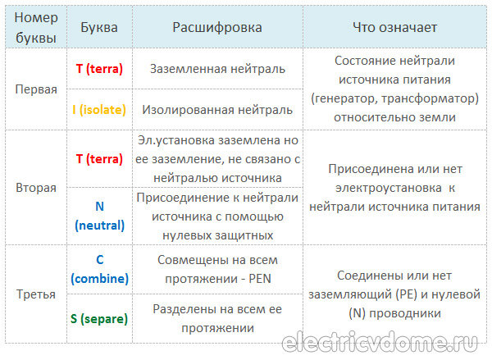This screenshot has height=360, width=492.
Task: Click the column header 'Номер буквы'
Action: tap(36, 28)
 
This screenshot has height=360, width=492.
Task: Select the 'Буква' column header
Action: tap(99, 28)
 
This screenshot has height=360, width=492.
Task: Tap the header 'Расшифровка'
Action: tap(217, 28)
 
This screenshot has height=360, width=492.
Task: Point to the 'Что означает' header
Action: tap(394, 28)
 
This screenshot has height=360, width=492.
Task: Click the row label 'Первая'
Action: tap(36, 89)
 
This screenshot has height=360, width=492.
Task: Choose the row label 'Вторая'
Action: tap(36, 188)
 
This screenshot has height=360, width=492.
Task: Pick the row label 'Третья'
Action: tap(36, 294)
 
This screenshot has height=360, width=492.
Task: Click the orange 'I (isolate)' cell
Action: tap(99, 110)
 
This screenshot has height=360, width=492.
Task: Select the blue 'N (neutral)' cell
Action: tap(99, 216)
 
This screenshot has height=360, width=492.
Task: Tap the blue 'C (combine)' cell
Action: tap(99, 269)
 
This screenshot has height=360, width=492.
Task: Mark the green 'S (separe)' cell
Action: tap(99, 319)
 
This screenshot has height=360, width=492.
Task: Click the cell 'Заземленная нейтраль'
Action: tap(217, 69)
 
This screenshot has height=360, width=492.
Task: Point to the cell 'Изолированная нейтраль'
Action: tap(217, 110)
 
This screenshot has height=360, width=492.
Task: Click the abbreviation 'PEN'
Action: tap(260, 279)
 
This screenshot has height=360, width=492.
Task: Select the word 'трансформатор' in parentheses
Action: tap(430, 98)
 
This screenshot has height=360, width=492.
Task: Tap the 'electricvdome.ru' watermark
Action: tap(380, 341)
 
